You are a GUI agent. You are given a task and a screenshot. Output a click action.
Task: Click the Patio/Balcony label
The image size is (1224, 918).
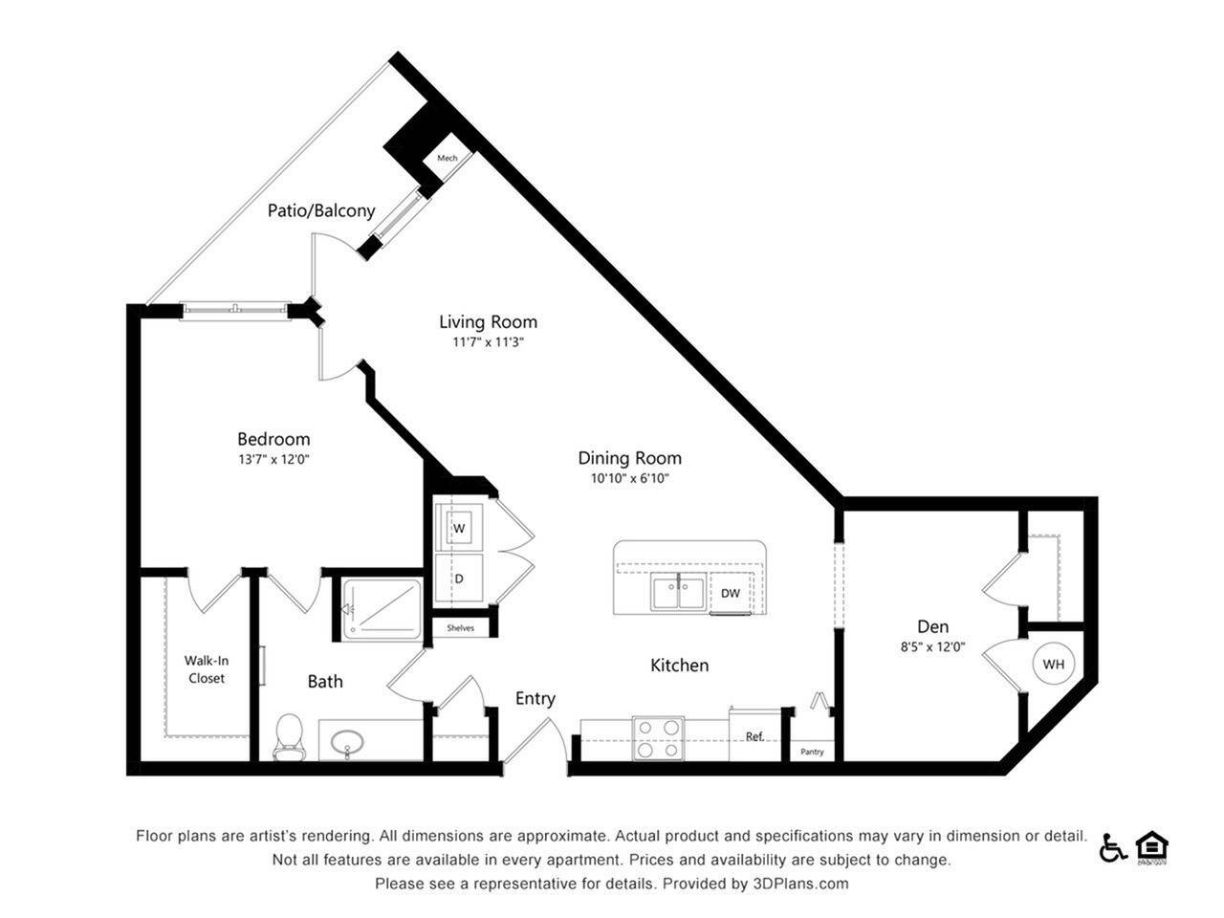tap(321, 210)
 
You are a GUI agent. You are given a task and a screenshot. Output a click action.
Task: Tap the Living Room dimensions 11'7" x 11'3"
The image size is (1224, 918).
tap(488, 342)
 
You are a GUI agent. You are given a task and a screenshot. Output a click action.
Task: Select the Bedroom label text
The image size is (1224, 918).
tap(273, 439)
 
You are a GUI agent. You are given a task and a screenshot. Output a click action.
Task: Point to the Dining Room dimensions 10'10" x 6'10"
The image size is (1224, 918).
tap(629, 479)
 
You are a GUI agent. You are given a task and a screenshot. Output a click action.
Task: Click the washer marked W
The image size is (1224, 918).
tap(459, 528)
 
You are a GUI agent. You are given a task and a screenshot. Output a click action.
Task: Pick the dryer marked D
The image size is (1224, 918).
tap(459, 579)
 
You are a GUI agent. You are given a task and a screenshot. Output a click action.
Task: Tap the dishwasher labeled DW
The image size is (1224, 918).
tap(731, 594)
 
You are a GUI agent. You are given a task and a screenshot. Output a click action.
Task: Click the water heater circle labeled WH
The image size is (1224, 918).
tap(1053, 664)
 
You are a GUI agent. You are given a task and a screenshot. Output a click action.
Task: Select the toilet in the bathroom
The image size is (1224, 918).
tap(287, 737)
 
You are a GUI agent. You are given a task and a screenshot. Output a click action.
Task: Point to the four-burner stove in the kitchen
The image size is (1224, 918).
tap(658, 738)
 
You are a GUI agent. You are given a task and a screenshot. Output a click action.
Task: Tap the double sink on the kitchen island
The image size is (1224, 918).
tap(679, 593)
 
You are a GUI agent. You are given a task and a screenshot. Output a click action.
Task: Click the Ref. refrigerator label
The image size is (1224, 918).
tap(754, 736)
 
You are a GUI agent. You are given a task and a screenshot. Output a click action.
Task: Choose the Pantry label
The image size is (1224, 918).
tap(812, 752)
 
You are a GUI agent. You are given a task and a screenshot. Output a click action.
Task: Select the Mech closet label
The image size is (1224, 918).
tap(447, 158)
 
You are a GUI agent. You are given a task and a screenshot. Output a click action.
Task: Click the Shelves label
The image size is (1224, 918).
tap(460, 628)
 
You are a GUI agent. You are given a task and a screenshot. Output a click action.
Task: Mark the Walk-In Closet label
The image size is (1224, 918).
tap(207, 669)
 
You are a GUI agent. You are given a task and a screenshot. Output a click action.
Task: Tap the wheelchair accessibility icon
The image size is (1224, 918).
tap(1112, 847)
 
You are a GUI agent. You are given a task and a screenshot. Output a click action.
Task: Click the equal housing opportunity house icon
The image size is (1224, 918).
tap(1151, 846)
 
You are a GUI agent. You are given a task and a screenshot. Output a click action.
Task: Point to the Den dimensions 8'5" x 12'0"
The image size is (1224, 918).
tap(932, 647)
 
